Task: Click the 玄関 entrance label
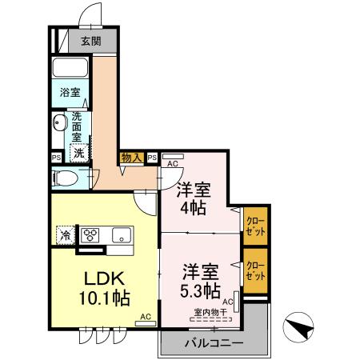pyautogui.click(x=90, y=41)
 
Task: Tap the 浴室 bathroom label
pyautogui.click(x=70, y=93)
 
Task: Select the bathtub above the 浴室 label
pyautogui.click(x=70, y=67)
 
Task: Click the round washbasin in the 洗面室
pyautogui.click(x=60, y=123)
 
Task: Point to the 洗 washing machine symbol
pyautogui.click(x=79, y=152)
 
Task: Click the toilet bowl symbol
pyautogui.click(x=66, y=177)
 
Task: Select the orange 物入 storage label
pyautogui.click(x=131, y=158)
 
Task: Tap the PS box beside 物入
pyautogui.click(x=151, y=158)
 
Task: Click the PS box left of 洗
pyautogui.click(x=56, y=158)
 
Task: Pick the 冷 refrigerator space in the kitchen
pyautogui.click(x=63, y=235)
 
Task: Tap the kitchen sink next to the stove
pyautogui.click(x=120, y=235)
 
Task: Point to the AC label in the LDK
pyautogui.click(x=146, y=317)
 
